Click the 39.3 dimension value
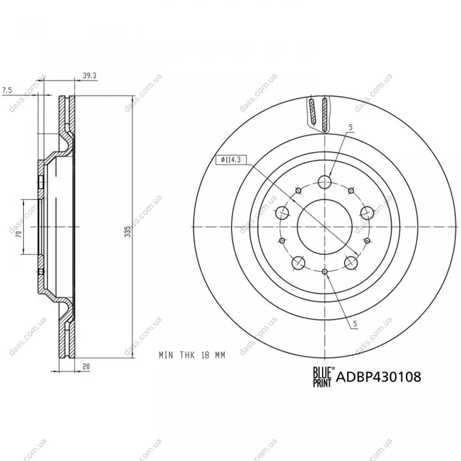click(x=90, y=76)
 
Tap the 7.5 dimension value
click(x=7, y=90)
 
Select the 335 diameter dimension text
click(x=127, y=232)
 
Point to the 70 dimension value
click(x=19, y=234)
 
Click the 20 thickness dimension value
click(x=86, y=367)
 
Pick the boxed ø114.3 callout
click(x=230, y=159)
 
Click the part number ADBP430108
click(x=378, y=376)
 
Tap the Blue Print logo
click(x=323, y=376)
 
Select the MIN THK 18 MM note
click(x=192, y=355)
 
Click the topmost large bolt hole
click(x=325, y=182)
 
